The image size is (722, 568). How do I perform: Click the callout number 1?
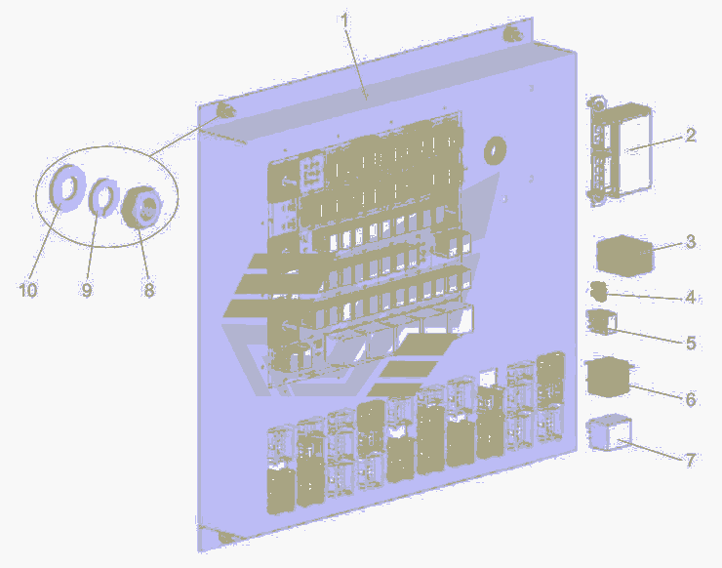pos(344,20)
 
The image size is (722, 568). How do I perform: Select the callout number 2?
pos(690,135)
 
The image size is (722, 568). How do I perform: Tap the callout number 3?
pos(690,241)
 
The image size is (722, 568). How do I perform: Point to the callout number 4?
pos(690,297)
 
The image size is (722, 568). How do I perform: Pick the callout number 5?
pos(691,343)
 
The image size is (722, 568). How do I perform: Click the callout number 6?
pos(690,399)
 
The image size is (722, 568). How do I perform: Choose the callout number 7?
pos(690,460)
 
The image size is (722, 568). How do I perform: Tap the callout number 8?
pos(148,290)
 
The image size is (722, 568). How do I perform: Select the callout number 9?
pos(87,290)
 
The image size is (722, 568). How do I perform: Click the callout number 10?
pos(27,290)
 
